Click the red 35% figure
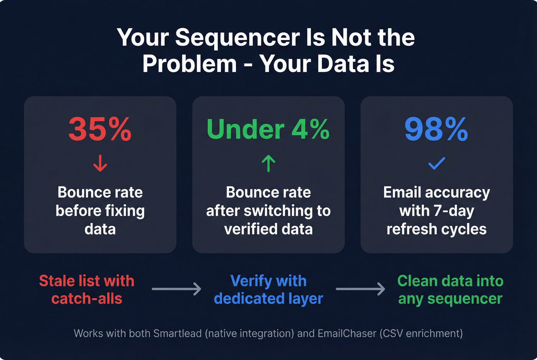click(100, 129)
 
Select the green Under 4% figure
click(268, 129)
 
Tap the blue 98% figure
click(437, 129)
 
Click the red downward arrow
click(100, 163)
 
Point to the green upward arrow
click(268, 163)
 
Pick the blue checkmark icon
click(437, 163)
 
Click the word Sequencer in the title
click(237, 38)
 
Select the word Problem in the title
click(189, 64)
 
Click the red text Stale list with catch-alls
click(87, 289)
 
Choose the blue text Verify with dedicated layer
click(268, 289)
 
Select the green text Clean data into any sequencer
click(450, 289)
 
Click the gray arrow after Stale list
click(176, 289)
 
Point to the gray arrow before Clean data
click(361, 289)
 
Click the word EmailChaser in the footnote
click(347, 334)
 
